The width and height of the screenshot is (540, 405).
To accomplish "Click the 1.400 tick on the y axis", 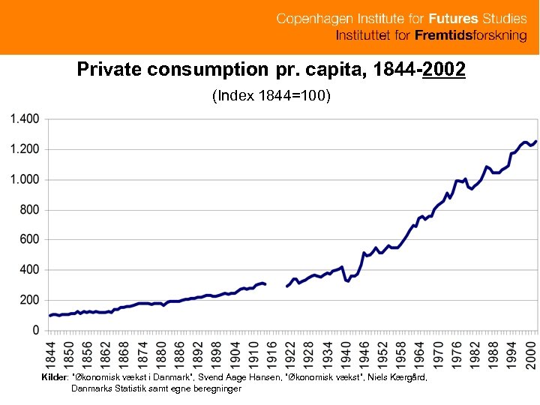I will (x=24, y=119).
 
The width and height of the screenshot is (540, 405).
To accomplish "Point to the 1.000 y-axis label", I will (x=24, y=179).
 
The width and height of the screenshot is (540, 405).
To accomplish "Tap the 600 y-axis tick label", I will (x=30, y=239).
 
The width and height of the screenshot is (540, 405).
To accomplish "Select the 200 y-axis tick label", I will (x=30, y=299).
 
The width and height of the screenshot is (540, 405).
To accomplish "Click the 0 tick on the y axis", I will (x=36, y=330).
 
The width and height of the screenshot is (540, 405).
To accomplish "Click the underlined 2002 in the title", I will (x=444, y=70).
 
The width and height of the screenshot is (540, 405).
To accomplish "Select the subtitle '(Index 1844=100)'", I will (x=271, y=96).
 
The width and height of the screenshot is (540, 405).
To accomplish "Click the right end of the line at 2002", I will (x=535, y=141).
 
